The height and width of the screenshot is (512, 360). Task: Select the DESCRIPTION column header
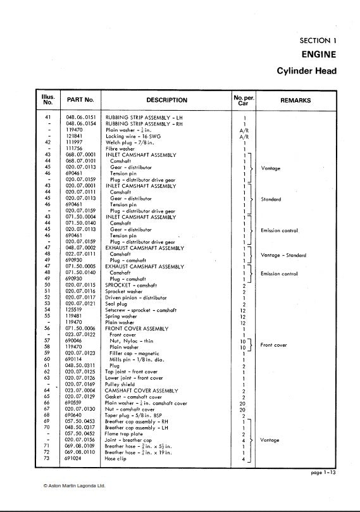[x=166, y=100]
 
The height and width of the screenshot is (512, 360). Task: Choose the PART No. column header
[x=80, y=100]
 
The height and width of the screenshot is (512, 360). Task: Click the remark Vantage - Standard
[x=283, y=255]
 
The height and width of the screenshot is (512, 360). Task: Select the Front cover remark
[x=273, y=345]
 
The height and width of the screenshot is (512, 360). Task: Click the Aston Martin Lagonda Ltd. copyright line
[x=74, y=486]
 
